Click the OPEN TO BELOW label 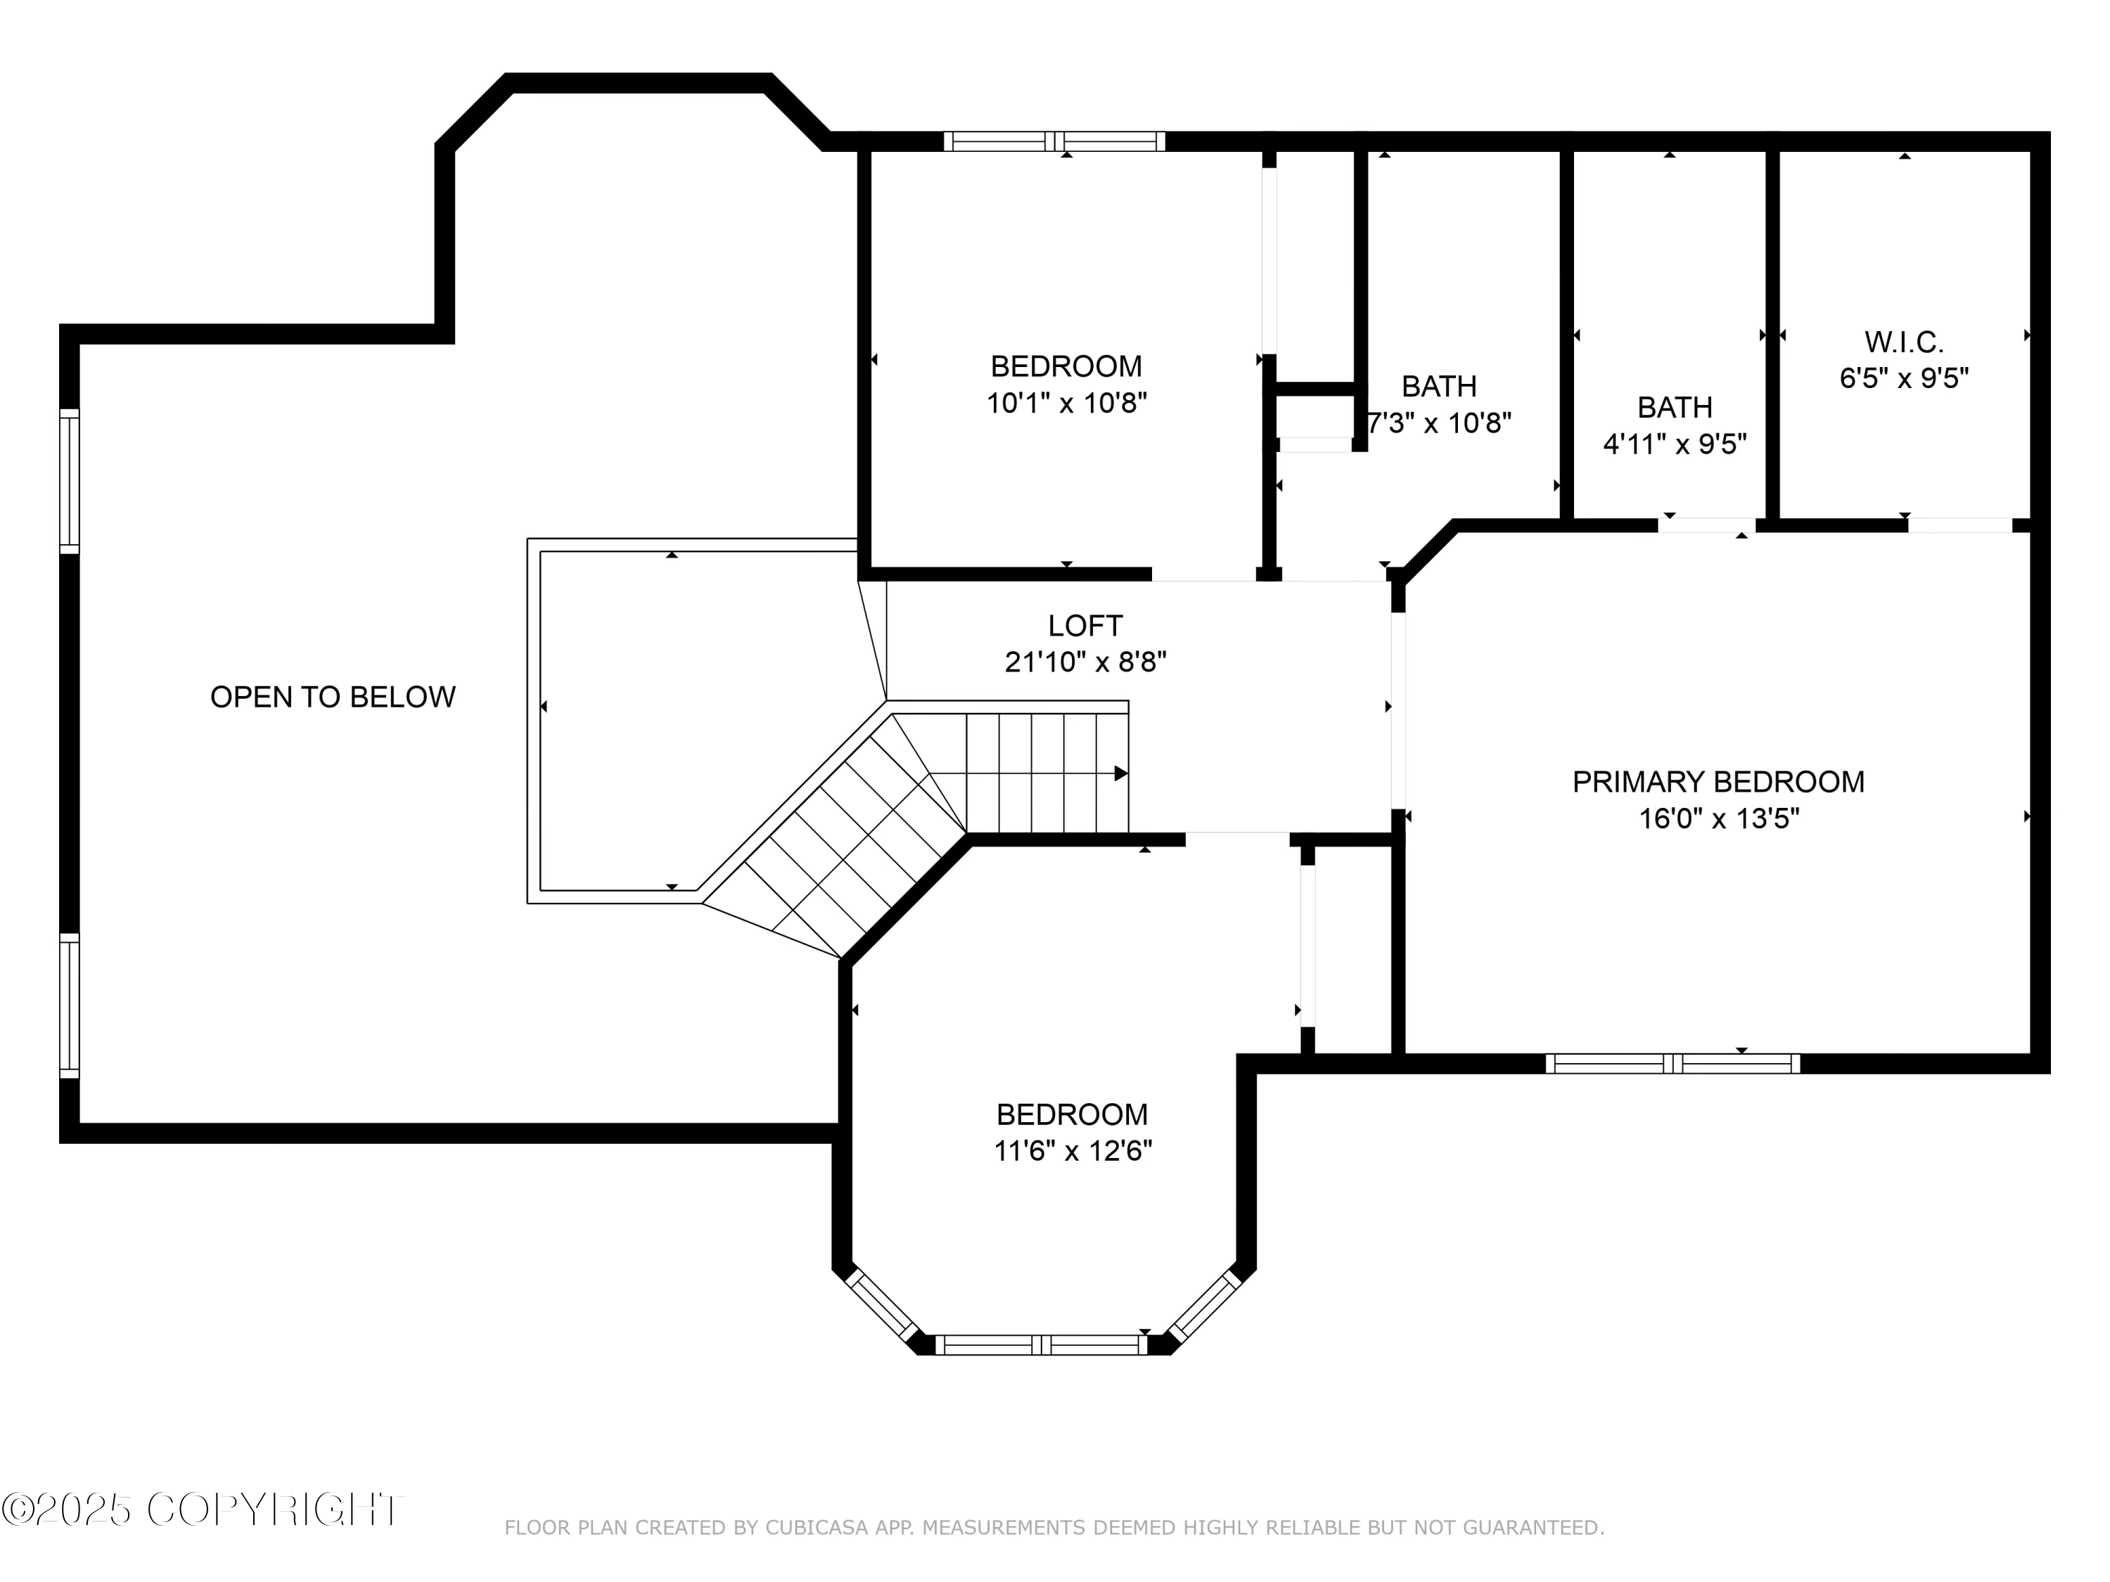pyautogui.click(x=333, y=697)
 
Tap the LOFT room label pyautogui.click(x=1085, y=626)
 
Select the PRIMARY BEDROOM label pyautogui.click(x=1718, y=782)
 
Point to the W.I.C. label pyautogui.click(x=1904, y=342)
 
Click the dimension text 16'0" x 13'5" pyautogui.click(x=1719, y=818)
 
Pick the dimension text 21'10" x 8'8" pyautogui.click(x=1085, y=662)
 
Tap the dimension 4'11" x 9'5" pyautogui.click(x=1675, y=444)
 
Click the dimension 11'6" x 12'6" pyautogui.click(x=1073, y=1151)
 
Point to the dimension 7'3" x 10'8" pyautogui.click(x=1440, y=423)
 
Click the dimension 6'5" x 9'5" pyautogui.click(x=1904, y=378)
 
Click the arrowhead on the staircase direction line pyautogui.click(x=1122, y=773)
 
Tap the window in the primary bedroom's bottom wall pyautogui.click(x=1673, y=1063)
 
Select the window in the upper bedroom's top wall pyautogui.click(x=1054, y=142)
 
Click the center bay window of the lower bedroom pyautogui.click(x=1041, y=1344)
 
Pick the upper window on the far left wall pyautogui.click(x=70, y=481)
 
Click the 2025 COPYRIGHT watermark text pyautogui.click(x=203, y=1510)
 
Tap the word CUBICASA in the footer pyautogui.click(x=817, y=1528)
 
